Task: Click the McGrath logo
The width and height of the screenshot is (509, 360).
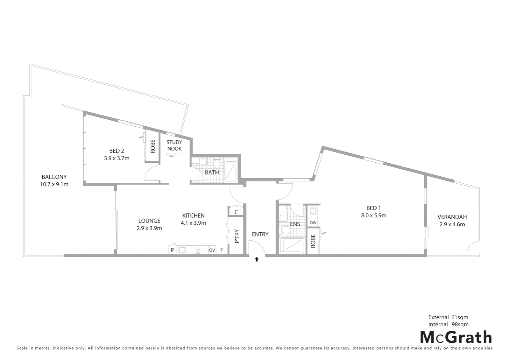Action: [456, 337]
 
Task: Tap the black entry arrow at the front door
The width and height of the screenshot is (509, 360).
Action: [256, 259]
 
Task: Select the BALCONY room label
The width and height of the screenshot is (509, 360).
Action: [54, 177]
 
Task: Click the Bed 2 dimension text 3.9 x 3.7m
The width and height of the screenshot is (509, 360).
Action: [117, 158]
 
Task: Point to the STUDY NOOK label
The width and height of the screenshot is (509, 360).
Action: [175, 145]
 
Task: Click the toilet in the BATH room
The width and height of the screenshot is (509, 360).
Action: [217, 163]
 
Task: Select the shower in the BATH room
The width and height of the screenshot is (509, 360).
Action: [232, 170]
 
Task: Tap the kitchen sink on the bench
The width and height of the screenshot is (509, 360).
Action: [182, 250]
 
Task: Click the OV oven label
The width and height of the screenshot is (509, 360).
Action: [212, 250]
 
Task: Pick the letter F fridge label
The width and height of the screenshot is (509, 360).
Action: [222, 250]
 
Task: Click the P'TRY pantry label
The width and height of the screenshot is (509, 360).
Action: [237, 236]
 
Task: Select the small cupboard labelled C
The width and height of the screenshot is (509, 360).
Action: [236, 212]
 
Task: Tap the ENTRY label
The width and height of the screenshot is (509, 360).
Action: [260, 234]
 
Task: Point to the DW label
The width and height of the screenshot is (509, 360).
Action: [313, 223]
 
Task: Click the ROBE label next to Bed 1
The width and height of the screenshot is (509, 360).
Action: [313, 241]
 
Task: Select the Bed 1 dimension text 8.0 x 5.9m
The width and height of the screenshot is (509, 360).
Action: [374, 215]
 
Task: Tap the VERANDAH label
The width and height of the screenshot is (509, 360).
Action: [452, 217]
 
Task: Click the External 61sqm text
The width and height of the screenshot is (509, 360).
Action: [448, 317]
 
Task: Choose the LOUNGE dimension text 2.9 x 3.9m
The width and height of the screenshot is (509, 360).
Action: [149, 228]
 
